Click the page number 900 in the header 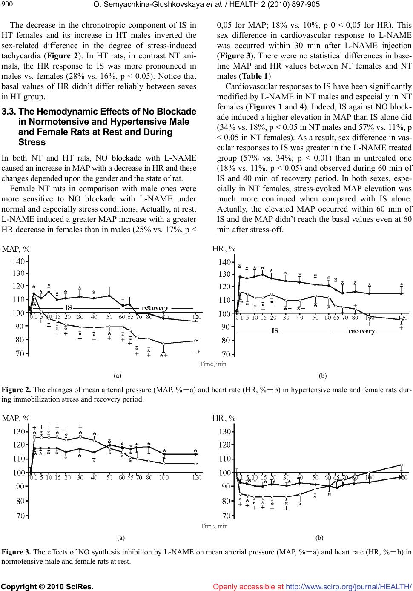point(8,4)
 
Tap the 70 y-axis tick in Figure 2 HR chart point(225,354)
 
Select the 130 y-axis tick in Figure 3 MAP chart point(19,432)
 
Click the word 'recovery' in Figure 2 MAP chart point(155,307)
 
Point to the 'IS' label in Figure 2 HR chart point(275,331)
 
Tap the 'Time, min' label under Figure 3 point(214,526)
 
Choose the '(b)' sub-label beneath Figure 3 point(320,538)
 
